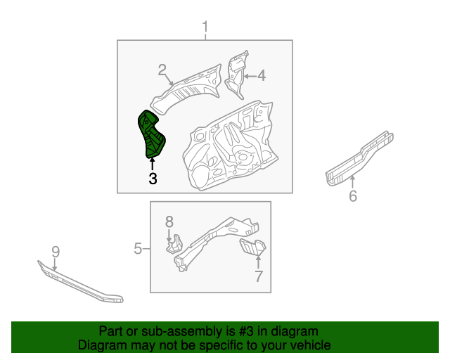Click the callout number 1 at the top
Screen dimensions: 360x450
(x=205, y=27)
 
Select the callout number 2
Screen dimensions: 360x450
(x=162, y=70)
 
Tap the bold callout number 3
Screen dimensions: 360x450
(x=153, y=179)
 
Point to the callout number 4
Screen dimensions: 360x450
(x=261, y=75)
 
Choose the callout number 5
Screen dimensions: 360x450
(x=139, y=248)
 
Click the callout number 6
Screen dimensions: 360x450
(x=353, y=196)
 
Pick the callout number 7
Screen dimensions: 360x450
(x=258, y=276)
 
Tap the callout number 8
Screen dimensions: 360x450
(x=169, y=222)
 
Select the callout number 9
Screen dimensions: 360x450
(x=56, y=252)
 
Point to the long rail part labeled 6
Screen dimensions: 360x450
(x=359, y=158)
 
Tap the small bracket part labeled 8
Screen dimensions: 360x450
(x=172, y=243)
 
